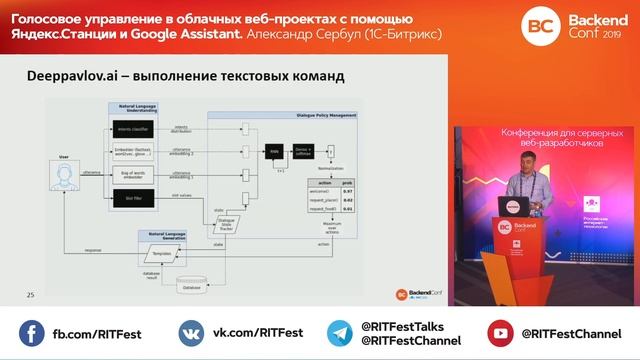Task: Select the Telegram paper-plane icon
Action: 341,332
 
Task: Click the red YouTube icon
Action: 500,332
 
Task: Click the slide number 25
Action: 30,294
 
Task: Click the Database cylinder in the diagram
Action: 190,288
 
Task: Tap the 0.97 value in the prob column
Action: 346,190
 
